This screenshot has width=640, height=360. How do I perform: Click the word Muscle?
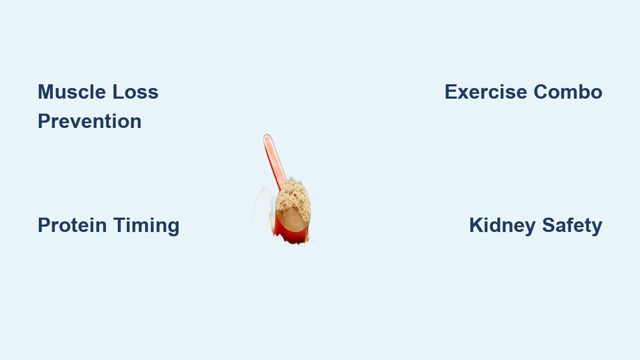coord(72,92)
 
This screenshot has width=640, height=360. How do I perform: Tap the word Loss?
coord(135,92)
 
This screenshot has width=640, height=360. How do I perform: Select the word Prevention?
coord(90,122)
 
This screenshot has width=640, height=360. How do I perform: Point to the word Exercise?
coord(486,92)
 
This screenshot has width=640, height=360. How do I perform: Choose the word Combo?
coord(568,92)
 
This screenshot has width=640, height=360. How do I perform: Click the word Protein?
coord(73,226)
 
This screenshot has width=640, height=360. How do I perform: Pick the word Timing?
coord(146,226)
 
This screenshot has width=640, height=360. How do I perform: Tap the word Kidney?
coord(502,226)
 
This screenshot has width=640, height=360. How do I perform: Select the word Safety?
coord(572,226)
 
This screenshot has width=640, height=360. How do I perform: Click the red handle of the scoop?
coord(274,162)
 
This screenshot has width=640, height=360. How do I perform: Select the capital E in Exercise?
coord(451,92)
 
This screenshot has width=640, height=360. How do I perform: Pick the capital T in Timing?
coord(120,226)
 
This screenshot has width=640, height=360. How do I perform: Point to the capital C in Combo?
coord(541,92)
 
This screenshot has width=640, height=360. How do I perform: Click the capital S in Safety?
coord(549,226)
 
